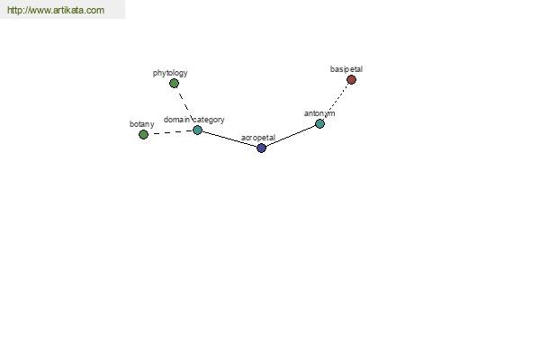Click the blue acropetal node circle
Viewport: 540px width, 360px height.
(261, 148)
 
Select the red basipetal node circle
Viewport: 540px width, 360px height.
(351, 80)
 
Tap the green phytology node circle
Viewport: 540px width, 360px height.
(174, 84)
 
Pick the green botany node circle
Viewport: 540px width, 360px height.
(143, 134)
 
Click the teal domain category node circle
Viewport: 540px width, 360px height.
(197, 130)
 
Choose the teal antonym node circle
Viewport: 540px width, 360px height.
(319, 123)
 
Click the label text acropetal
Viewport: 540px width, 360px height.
(258, 138)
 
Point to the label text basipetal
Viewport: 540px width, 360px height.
(346, 69)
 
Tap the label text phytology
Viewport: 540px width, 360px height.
(170, 73)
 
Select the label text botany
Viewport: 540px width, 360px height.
(141, 124)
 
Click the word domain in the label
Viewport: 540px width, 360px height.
(176, 120)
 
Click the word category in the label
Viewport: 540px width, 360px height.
(209, 120)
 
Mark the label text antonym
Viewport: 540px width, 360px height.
(319, 113)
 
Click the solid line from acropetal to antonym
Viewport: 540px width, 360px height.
(291, 136)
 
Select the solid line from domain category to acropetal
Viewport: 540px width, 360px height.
(229, 139)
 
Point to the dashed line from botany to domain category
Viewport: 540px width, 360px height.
(170, 132)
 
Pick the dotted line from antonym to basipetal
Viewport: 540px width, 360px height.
(336, 102)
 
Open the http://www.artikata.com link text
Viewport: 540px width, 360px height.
(56, 10)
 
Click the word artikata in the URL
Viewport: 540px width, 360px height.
(68, 10)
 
